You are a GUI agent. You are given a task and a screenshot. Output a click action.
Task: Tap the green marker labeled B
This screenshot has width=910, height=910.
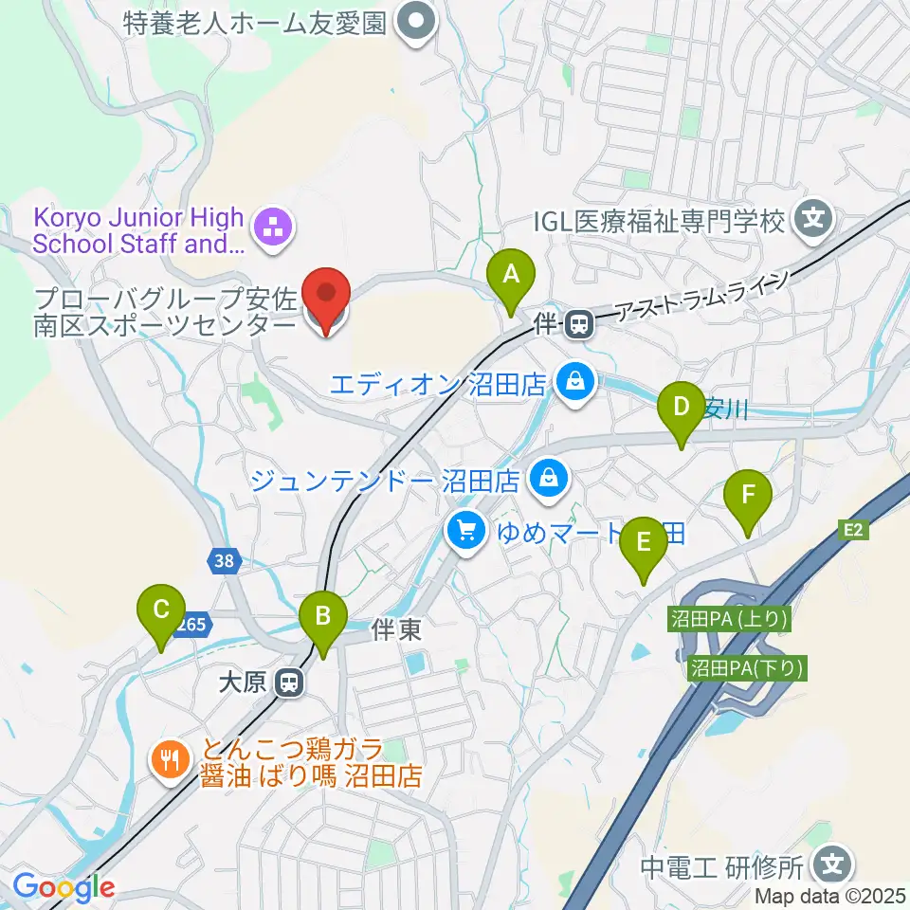322,620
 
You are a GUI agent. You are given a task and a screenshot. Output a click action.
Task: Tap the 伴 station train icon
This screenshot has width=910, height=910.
576,326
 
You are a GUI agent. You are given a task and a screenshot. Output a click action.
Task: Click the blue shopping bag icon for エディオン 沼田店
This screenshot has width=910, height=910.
574,383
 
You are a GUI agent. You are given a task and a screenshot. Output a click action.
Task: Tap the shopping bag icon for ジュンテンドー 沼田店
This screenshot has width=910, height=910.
548,479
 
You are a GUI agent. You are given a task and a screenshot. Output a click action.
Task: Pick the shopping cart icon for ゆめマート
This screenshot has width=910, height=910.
464,529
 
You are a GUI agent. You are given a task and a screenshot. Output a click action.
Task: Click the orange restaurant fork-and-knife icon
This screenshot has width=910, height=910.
170,759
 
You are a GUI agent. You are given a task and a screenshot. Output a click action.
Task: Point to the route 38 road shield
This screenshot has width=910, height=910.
223,561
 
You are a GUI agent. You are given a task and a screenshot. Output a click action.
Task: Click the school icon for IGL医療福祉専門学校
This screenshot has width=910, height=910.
812,222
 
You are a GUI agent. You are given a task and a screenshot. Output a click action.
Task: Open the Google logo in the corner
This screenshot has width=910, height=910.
64,887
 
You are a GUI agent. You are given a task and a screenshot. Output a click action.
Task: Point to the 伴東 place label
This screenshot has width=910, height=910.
396,630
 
